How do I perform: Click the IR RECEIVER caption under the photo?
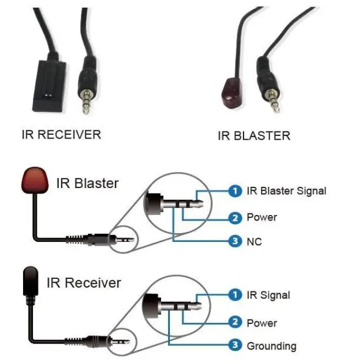click(61, 134)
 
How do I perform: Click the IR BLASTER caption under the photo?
click(253, 135)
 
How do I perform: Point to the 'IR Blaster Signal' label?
click(286, 191)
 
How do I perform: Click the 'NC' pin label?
click(254, 242)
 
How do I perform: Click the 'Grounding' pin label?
click(271, 346)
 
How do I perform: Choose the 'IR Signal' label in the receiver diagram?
click(268, 295)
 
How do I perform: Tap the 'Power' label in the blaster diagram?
click(262, 217)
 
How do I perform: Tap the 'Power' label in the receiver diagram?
click(262, 323)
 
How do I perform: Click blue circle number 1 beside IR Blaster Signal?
click(235, 191)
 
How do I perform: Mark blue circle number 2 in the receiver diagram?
click(235, 323)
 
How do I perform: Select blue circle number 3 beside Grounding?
click(235, 346)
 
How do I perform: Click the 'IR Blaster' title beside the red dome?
click(87, 183)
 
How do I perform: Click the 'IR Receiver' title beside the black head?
click(84, 283)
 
